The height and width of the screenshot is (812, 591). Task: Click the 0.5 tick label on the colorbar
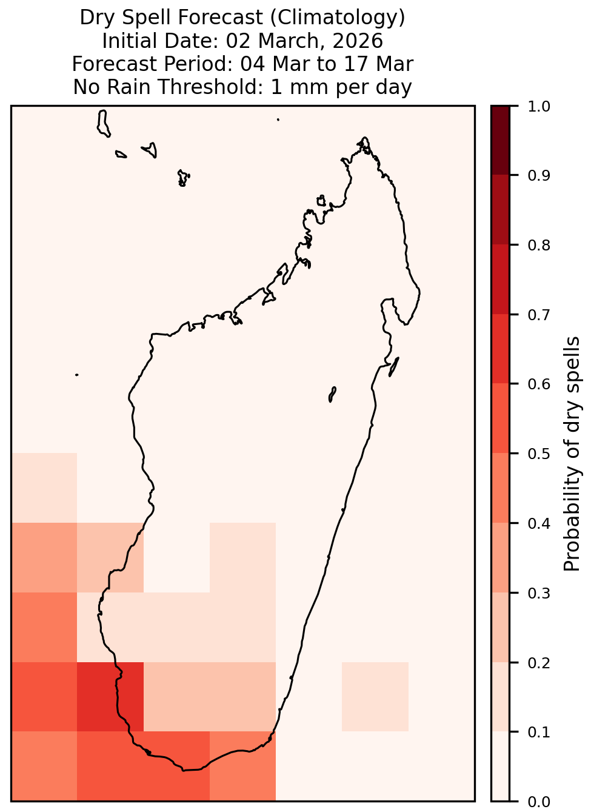click(x=539, y=454)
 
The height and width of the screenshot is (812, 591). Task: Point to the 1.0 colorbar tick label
click(x=539, y=107)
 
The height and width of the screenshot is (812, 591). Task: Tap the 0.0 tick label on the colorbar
click(x=539, y=802)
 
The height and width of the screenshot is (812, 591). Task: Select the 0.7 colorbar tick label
click(x=539, y=315)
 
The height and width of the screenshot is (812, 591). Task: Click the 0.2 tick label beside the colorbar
click(x=539, y=663)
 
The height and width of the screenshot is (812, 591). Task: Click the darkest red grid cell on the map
click(x=110, y=696)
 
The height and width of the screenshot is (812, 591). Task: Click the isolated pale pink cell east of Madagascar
click(x=375, y=696)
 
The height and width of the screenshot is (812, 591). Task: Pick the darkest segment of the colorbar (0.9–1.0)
click(x=501, y=140)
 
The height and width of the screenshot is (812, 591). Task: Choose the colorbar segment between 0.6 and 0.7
click(x=501, y=349)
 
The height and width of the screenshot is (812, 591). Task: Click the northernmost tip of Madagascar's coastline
click(x=364, y=138)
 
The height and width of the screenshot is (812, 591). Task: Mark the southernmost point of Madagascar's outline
click(x=183, y=771)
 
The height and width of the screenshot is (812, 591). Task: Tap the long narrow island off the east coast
click(x=394, y=366)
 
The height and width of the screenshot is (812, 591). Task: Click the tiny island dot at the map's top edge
click(x=278, y=119)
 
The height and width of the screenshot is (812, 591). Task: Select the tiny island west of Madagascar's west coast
click(x=76, y=375)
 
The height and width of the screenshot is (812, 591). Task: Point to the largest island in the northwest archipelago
click(x=103, y=124)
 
